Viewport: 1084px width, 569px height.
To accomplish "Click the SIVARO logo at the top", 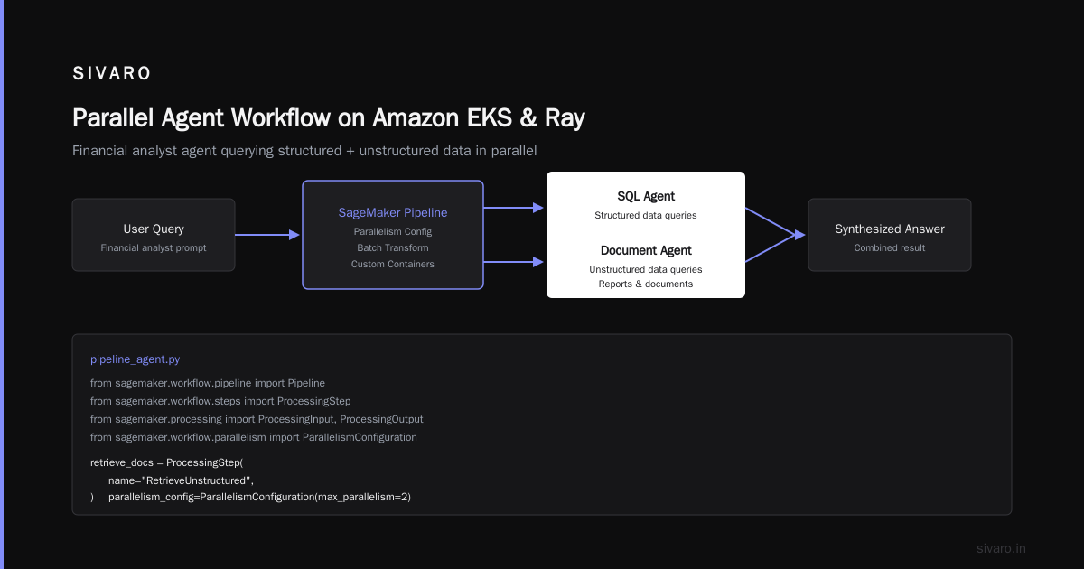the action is pyautogui.click(x=111, y=73).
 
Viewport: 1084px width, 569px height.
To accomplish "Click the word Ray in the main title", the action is pyautogui.click(x=565, y=118).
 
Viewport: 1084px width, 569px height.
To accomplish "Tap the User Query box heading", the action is pyautogui.click(x=154, y=229).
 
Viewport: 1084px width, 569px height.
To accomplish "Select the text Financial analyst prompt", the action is pyautogui.click(x=154, y=247).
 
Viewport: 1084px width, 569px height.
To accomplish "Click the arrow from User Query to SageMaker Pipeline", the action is pyautogui.click(x=267, y=235).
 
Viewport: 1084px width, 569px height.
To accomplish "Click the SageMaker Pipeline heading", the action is pyautogui.click(x=392, y=212).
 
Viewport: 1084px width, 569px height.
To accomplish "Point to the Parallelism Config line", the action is pyautogui.click(x=392, y=231).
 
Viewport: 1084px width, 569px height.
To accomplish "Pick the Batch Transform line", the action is pyautogui.click(x=392, y=247).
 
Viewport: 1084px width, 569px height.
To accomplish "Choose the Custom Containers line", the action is pyautogui.click(x=392, y=264).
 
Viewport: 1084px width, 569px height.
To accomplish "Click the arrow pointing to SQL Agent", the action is pyautogui.click(x=514, y=208).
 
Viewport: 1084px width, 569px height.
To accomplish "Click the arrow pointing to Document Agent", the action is pyautogui.click(x=514, y=262).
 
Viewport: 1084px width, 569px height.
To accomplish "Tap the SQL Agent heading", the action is pyautogui.click(x=646, y=196).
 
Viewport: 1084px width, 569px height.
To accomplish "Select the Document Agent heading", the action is pyautogui.click(x=646, y=250).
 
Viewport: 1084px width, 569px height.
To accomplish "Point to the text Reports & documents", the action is pyautogui.click(x=646, y=284).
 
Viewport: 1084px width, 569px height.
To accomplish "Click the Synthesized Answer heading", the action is pyautogui.click(x=890, y=229).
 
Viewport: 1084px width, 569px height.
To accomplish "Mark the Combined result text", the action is pyautogui.click(x=890, y=247).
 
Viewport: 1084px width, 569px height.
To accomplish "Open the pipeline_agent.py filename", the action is pyautogui.click(x=135, y=359).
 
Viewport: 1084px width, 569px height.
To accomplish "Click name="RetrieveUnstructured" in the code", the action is pyautogui.click(x=181, y=480).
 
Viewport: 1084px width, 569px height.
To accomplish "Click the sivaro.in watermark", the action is pyautogui.click(x=1001, y=548).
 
